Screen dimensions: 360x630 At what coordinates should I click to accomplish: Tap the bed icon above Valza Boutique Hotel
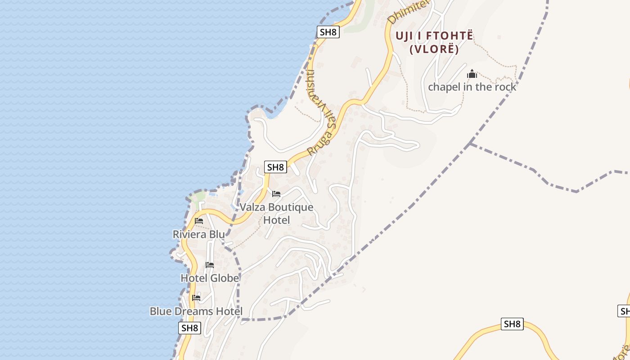click(x=276, y=194)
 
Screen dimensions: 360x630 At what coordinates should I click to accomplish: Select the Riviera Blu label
click(x=198, y=234)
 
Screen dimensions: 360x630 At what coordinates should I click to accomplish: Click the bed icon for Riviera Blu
click(x=199, y=221)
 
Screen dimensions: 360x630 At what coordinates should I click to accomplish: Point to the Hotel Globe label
click(x=210, y=278)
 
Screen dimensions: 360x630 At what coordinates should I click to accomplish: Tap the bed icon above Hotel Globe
click(x=210, y=265)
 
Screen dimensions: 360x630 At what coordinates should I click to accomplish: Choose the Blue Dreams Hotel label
click(x=196, y=311)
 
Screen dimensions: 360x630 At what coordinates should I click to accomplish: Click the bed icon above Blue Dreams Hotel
click(x=196, y=297)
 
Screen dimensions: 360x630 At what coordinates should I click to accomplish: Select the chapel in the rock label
click(x=472, y=87)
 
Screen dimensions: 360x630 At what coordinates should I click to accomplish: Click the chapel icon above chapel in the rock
click(x=472, y=74)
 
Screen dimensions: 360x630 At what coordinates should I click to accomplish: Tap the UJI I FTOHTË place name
click(x=434, y=36)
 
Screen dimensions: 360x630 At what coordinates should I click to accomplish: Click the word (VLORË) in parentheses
click(x=434, y=49)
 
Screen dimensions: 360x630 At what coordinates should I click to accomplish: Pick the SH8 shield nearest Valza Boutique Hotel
click(x=275, y=167)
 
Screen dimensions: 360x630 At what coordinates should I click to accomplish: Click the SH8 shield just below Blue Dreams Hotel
click(x=189, y=328)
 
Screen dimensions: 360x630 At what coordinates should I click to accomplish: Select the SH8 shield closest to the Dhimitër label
click(x=328, y=32)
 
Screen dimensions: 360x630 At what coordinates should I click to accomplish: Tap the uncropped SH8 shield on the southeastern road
click(x=512, y=324)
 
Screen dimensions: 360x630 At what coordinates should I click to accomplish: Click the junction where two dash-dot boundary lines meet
click(x=469, y=143)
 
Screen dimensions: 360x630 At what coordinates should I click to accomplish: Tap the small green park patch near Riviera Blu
click(x=197, y=198)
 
